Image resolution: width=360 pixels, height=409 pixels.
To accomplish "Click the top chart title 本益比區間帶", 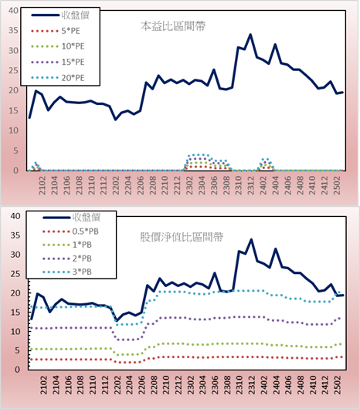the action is click(173, 26).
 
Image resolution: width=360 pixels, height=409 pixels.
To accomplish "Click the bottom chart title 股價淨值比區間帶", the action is click(182, 237).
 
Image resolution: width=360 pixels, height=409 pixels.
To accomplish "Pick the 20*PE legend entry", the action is click(58, 78).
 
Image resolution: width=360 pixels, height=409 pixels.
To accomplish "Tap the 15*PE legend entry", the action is click(58, 62).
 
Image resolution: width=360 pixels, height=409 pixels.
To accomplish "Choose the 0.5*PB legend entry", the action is click(70, 232).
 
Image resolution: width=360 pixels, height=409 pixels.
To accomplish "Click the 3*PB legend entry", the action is click(67, 272).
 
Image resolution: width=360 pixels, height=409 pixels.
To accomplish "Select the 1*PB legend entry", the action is click(67, 245).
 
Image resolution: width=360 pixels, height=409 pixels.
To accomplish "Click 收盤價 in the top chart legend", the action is click(60, 15).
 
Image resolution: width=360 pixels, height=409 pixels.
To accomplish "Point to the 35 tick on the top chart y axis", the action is click(14, 31).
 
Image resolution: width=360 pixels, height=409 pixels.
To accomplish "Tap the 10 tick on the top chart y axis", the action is click(14, 130).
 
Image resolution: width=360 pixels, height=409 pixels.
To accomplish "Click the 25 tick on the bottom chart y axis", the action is click(15, 274).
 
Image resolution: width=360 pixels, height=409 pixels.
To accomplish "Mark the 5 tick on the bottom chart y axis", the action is click(17, 350).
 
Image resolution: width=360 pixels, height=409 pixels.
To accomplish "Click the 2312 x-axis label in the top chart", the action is click(250, 185).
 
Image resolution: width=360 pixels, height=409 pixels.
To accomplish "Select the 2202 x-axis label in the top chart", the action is click(115, 185).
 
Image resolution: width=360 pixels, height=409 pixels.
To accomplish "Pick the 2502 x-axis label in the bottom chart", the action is click(338, 385).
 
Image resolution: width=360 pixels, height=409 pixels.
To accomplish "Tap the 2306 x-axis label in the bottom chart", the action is click(216, 385).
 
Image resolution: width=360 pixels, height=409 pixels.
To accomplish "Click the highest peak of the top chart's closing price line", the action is click(250, 35).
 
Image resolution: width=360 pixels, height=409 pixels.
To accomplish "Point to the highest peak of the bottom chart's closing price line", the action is click(251, 239).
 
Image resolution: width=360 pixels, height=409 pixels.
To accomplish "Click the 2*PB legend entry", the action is click(67, 259).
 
